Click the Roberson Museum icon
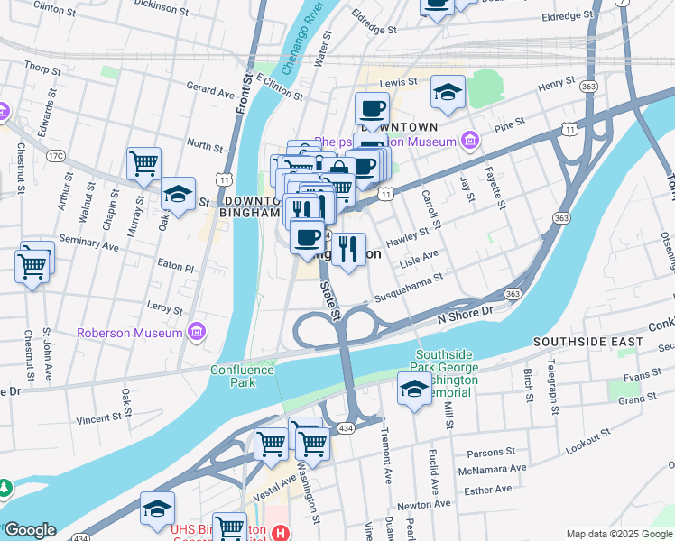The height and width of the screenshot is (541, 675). click(x=195, y=333)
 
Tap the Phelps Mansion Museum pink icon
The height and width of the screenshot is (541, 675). click(x=468, y=142)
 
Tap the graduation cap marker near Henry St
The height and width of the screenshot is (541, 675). click(x=447, y=92)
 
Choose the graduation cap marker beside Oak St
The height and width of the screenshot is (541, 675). click(x=179, y=194)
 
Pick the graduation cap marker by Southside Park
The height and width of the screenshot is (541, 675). click(x=414, y=389)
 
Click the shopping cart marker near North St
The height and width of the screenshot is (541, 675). click(x=143, y=164)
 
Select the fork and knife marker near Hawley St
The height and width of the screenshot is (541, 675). click(x=348, y=249)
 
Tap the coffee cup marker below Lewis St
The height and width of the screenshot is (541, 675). click(x=372, y=110)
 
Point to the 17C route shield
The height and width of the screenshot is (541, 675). click(x=56, y=156)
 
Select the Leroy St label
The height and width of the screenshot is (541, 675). click(x=165, y=307)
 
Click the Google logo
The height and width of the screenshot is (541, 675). click(x=30, y=530)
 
